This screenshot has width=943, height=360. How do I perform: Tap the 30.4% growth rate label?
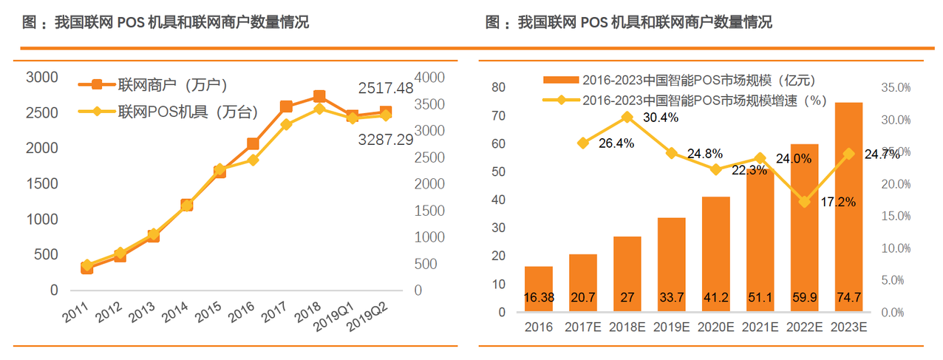(x=660, y=118)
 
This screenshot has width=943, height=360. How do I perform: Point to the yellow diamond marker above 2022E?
(x=803, y=201)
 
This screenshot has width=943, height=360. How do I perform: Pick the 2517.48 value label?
(x=386, y=88)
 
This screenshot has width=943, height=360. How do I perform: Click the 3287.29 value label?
(x=386, y=139)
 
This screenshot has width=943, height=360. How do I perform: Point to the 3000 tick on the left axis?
(x=41, y=78)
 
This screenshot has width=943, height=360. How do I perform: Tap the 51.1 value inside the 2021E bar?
(x=759, y=297)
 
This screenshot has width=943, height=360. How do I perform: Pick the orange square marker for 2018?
(x=319, y=97)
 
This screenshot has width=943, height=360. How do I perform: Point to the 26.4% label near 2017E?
(x=616, y=143)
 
